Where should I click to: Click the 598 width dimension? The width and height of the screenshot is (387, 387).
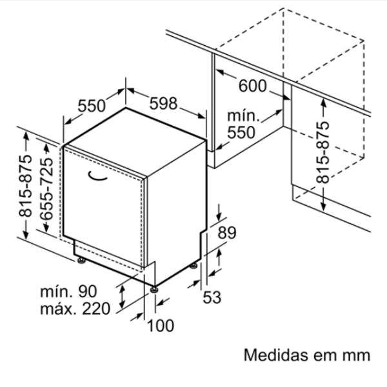click(x=163, y=103)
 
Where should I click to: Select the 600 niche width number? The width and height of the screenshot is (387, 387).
click(x=253, y=86)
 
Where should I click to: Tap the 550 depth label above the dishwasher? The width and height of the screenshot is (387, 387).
click(x=92, y=106)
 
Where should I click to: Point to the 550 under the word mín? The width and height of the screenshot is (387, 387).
click(x=241, y=132)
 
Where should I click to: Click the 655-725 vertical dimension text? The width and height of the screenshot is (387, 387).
click(x=46, y=189)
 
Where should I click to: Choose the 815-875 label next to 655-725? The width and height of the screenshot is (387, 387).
click(x=26, y=186)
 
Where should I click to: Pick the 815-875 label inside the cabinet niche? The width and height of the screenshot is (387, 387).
click(x=323, y=152)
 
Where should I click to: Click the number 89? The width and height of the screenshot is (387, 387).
click(x=227, y=232)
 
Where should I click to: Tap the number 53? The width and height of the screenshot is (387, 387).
click(x=212, y=297)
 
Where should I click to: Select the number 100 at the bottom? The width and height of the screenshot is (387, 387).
click(x=161, y=326)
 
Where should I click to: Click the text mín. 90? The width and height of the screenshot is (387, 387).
click(x=68, y=292)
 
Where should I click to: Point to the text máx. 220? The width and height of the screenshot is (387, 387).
click(x=75, y=308)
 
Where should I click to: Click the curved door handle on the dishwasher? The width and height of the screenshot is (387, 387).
click(x=97, y=175)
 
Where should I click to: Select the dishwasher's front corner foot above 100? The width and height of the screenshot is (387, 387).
click(x=154, y=289)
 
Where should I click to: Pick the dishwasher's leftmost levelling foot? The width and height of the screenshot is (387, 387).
click(x=81, y=261)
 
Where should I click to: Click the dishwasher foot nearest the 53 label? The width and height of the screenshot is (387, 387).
click(x=193, y=266)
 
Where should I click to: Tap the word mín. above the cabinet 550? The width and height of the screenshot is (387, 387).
click(x=243, y=116)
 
